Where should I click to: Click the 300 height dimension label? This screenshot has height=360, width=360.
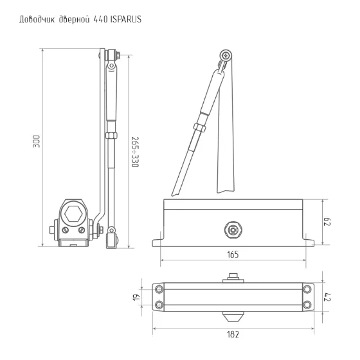[36, 141]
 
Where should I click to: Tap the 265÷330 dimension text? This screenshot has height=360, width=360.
[135, 152]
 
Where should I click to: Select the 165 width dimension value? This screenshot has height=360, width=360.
[233, 255]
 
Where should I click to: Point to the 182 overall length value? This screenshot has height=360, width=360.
[233, 334]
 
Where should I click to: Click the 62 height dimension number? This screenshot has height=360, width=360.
[327, 222]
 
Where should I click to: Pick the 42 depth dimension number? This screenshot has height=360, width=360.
[327, 297]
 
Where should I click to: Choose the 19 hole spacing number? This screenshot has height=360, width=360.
[136, 297]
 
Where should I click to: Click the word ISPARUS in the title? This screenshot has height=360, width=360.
[126, 19]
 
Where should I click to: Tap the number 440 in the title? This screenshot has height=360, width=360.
[100, 19]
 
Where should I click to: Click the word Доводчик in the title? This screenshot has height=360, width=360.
[37, 19]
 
